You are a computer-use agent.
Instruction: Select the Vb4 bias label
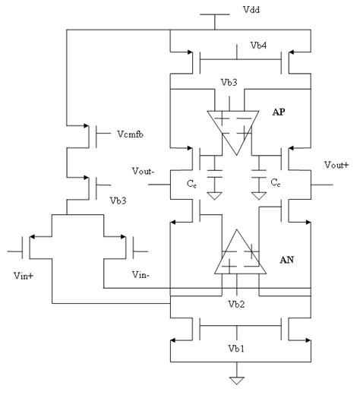[x=259, y=45]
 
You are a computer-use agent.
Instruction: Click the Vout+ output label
[x=327, y=164]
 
